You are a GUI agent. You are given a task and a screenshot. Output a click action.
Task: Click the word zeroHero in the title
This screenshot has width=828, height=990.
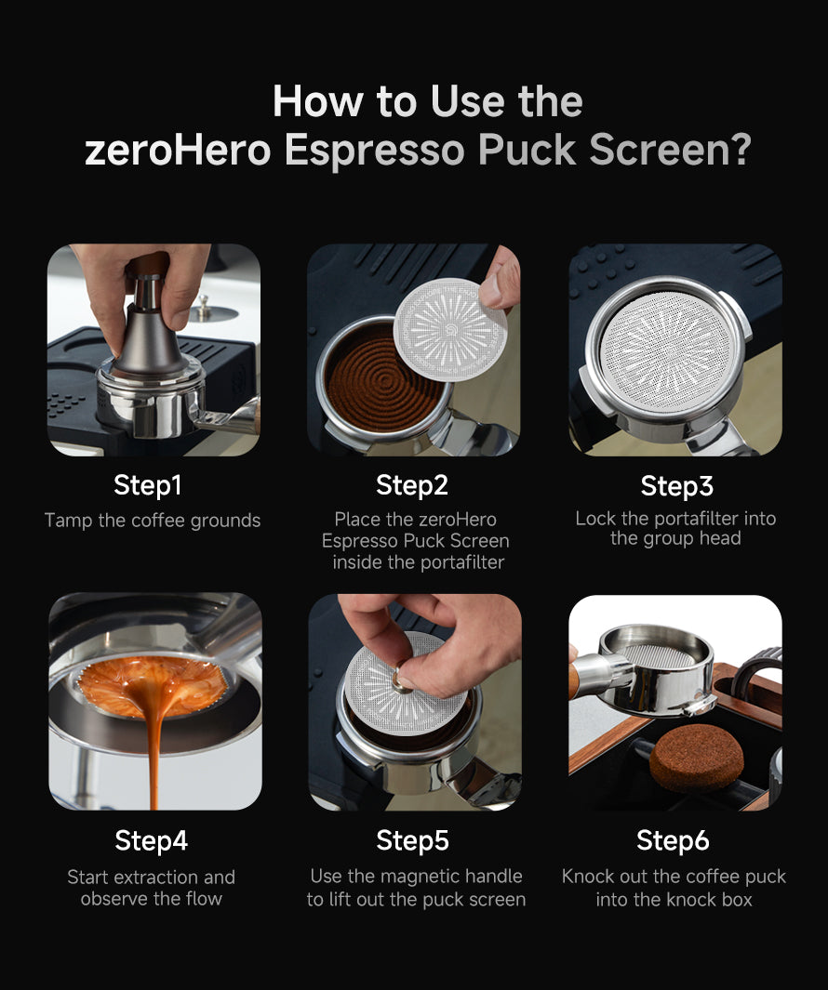[178, 151]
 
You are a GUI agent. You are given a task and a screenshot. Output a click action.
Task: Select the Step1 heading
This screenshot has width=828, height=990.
[148, 485]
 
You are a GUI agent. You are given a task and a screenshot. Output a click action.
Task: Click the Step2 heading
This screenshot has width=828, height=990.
[412, 485]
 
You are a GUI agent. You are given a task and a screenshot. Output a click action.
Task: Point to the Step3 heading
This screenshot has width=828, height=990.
[677, 485]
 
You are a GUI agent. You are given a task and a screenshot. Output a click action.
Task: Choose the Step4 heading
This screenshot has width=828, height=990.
[152, 840]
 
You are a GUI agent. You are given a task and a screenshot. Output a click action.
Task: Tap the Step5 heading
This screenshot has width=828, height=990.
[413, 840]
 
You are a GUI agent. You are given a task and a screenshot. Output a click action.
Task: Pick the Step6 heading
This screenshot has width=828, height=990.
[674, 840]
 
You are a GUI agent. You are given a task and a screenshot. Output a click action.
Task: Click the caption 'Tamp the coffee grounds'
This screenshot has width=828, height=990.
[153, 521]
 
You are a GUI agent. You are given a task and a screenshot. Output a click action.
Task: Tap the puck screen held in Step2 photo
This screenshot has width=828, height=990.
[450, 330]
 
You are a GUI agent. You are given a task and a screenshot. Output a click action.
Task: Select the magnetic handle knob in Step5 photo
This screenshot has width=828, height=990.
[401, 680]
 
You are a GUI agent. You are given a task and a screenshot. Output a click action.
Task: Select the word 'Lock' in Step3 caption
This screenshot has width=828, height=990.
[595, 519]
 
